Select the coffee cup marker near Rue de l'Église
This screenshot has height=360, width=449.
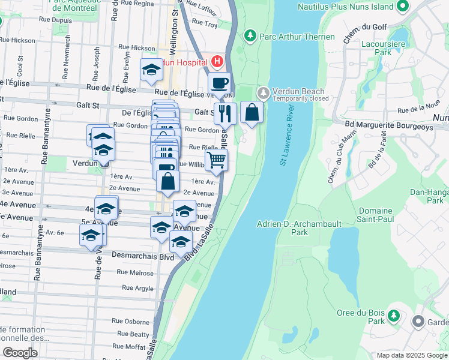220,83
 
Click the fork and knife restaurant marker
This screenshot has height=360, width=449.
224,112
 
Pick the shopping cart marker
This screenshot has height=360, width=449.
216,159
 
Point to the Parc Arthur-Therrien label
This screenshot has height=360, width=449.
297,37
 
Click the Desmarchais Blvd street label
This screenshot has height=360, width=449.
142,256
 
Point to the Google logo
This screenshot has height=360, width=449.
20,352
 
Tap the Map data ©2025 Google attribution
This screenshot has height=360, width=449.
411,355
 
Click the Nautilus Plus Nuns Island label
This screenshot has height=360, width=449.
346,7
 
